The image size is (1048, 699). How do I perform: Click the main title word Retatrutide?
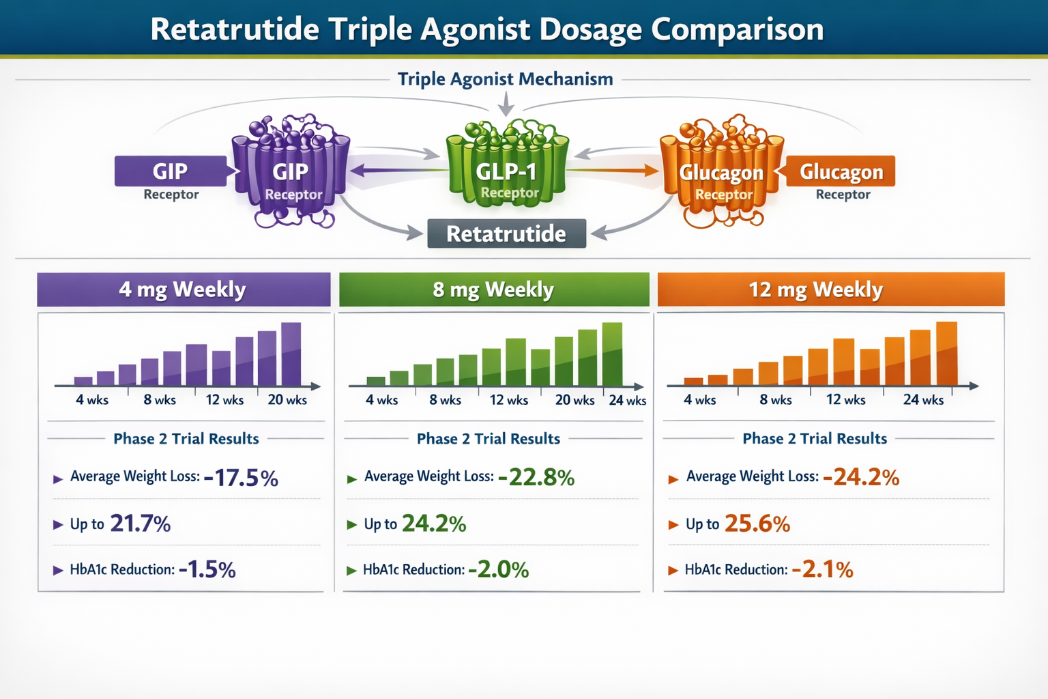point(234,29)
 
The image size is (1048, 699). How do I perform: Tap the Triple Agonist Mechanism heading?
point(505,79)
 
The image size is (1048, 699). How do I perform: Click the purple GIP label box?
point(171,171)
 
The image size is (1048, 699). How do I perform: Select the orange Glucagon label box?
point(841,171)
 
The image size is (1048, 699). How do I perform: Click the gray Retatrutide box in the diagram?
point(506,233)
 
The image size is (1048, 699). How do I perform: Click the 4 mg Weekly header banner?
point(183,289)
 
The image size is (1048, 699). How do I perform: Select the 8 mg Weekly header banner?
point(493,289)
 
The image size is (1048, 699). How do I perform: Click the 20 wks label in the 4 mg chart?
point(287,400)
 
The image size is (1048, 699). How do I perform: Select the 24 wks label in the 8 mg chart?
point(627,401)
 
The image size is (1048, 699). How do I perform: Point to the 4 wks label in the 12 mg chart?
point(699,400)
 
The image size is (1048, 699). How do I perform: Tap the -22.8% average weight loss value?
point(536,478)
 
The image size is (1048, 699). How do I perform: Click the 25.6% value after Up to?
point(757,524)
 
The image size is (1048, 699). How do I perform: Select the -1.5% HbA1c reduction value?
point(207,569)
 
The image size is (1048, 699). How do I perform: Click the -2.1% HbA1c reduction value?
point(822,569)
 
